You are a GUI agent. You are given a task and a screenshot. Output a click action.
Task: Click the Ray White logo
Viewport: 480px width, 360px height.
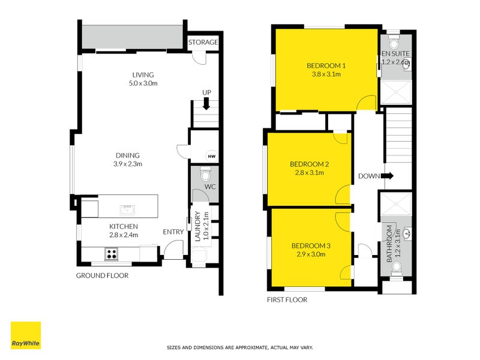(26, 335)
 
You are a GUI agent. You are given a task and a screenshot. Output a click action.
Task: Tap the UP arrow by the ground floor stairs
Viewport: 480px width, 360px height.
(206, 104)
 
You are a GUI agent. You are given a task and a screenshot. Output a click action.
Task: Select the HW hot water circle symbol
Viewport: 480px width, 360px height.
(211, 156)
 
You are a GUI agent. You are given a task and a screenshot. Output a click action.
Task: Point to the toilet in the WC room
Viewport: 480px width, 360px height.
(205, 175)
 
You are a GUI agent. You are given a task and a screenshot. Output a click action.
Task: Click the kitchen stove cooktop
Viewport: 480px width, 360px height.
(112, 254)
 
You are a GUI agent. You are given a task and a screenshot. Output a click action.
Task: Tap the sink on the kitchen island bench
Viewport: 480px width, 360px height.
(127, 209)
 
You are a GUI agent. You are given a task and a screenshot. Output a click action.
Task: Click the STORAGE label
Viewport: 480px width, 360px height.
(203, 43)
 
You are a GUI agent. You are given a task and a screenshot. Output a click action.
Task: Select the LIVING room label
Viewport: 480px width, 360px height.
(143, 74)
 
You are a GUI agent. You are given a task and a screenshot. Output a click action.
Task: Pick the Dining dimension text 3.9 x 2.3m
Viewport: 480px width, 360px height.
(127, 164)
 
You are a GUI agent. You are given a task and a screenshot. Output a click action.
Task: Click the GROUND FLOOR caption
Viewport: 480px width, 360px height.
(102, 276)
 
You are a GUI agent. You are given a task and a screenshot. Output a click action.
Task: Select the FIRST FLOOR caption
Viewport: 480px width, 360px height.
(287, 300)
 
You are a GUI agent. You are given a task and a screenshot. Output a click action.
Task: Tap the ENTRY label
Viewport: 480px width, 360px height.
(173, 232)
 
